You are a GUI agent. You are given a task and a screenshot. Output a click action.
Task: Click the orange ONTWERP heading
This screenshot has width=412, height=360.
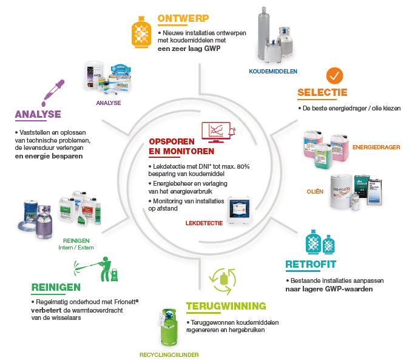click(183, 18)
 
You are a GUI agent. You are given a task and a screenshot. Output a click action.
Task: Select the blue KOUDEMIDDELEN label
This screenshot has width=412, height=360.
click(272, 71)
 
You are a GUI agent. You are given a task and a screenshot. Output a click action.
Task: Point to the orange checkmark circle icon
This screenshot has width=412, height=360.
click(334, 76)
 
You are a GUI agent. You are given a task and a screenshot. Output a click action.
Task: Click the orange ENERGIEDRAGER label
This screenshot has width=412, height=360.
click(376, 147)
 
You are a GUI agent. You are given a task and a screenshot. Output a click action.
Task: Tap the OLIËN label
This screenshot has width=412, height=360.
click(314, 192)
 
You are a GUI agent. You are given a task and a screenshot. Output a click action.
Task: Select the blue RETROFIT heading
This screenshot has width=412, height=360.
click(311, 265)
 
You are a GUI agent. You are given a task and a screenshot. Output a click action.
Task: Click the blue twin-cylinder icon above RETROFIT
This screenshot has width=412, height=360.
click(319, 243)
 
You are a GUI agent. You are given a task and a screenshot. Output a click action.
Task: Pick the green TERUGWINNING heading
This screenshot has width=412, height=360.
click(226, 305)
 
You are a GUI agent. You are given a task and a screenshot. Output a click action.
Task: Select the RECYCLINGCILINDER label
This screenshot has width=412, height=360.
click(169, 353)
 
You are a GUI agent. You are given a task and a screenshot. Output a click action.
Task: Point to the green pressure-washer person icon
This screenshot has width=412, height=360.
click(98, 267)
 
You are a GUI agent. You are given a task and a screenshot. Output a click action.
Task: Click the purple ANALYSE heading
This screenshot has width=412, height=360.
click(38, 114)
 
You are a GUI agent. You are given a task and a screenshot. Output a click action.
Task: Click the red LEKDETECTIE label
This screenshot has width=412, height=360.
click(204, 223)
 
